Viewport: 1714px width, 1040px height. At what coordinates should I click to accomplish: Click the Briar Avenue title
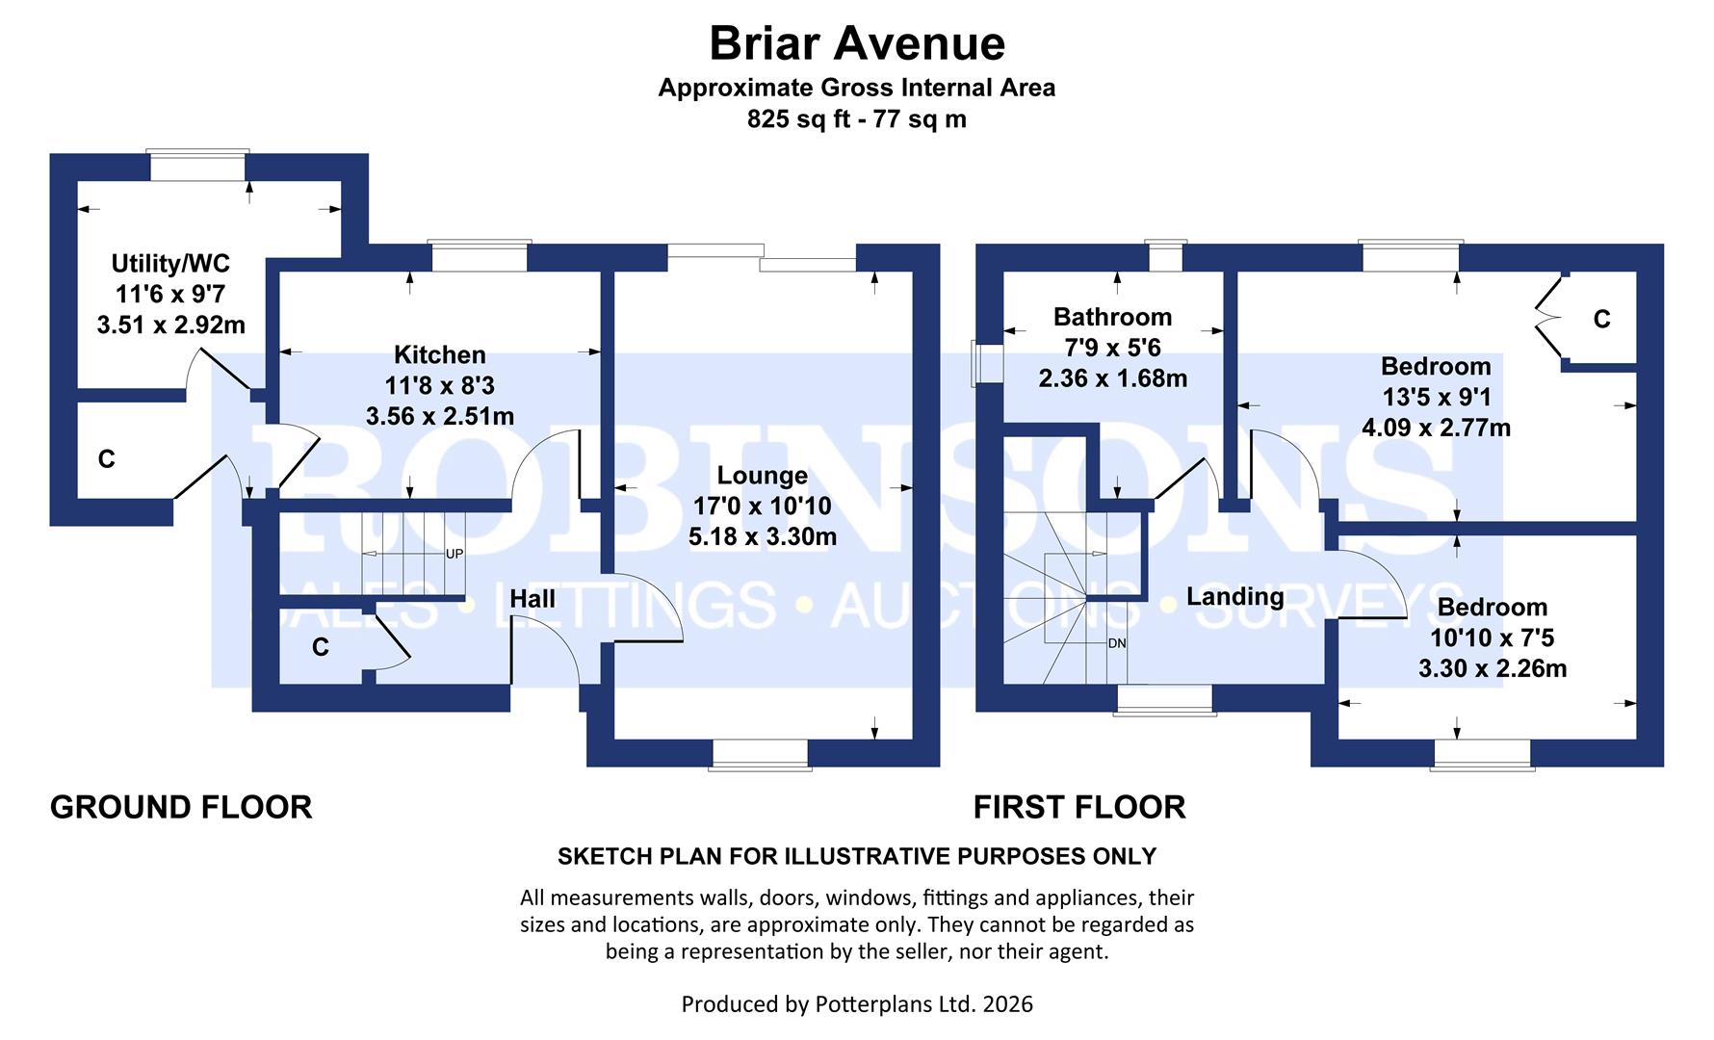pyautogui.click(x=857, y=43)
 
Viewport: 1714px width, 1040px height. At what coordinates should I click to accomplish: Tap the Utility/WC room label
pyautogui.click(x=170, y=263)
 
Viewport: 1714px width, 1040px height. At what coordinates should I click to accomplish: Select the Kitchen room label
pyautogui.click(x=440, y=354)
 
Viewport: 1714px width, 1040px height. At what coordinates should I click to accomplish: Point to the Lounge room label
pyautogui.click(x=762, y=476)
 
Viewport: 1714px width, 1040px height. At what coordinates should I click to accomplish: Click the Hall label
pyautogui.click(x=532, y=599)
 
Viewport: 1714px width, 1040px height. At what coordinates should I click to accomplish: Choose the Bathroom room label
pyautogui.click(x=1112, y=317)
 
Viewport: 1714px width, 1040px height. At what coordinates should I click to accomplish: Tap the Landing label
pyautogui.click(x=1234, y=596)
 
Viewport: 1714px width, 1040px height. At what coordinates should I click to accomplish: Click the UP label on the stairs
pyautogui.click(x=454, y=555)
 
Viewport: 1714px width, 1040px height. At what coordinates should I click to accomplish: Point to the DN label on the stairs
pyautogui.click(x=1117, y=642)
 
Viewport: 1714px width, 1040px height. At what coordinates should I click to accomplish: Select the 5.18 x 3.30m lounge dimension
pyautogui.click(x=762, y=536)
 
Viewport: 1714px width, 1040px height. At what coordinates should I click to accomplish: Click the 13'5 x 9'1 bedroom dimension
pyautogui.click(x=1436, y=397)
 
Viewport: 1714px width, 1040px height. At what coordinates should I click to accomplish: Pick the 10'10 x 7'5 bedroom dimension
pyautogui.click(x=1492, y=637)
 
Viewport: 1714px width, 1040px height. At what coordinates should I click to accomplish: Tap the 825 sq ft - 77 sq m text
pyautogui.click(x=857, y=119)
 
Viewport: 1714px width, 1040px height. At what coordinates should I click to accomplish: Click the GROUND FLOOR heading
pyautogui.click(x=181, y=807)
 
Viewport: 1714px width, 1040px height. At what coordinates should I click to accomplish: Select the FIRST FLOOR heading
pyautogui.click(x=1079, y=807)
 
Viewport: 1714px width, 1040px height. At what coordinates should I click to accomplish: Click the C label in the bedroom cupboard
pyautogui.click(x=1601, y=319)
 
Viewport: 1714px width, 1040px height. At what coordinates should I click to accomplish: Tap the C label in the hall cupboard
pyautogui.click(x=321, y=647)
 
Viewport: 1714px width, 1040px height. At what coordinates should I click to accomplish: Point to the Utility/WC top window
pyautogui.click(x=197, y=165)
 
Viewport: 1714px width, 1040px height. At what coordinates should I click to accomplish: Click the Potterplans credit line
pyautogui.click(x=857, y=1004)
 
